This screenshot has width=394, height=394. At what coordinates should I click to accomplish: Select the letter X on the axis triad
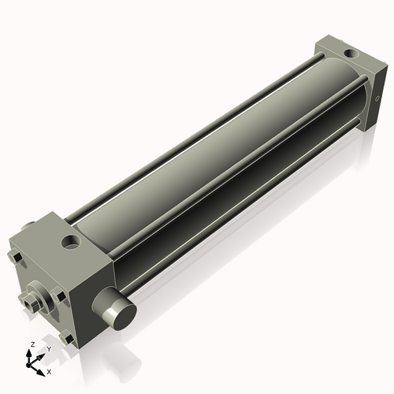coord(49,370)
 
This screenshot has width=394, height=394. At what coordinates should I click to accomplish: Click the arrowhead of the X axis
coord(42,368)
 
